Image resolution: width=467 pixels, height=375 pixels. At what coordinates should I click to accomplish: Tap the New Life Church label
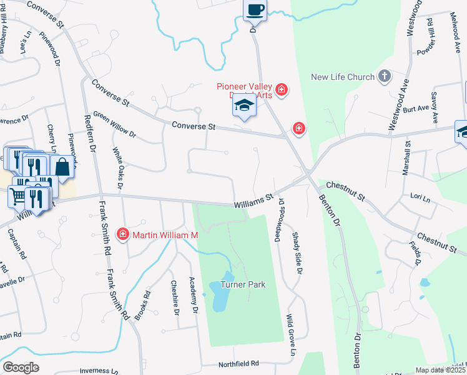point(343,77)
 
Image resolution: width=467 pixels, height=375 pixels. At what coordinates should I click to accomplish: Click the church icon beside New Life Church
point(385,76)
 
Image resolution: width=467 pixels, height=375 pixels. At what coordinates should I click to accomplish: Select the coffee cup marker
point(255,9)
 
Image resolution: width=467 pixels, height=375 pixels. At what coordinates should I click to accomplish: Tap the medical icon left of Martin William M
point(123,234)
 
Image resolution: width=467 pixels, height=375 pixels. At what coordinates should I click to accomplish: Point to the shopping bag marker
point(62,166)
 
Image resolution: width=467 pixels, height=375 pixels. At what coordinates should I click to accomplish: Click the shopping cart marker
point(18,196)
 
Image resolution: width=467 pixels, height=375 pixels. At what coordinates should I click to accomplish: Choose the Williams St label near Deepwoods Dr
point(254,201)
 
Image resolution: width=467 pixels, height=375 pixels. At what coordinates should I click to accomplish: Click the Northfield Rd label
point(238,364)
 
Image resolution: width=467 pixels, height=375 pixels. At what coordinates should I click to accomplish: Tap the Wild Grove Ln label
point(290,334)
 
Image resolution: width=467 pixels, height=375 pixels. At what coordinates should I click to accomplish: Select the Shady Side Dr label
point(297,253)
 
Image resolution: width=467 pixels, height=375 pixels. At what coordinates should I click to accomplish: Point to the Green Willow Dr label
point(114,124)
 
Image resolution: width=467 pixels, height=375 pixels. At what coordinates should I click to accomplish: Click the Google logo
point(21,367)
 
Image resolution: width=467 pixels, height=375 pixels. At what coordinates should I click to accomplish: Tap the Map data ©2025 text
point(440,370)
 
